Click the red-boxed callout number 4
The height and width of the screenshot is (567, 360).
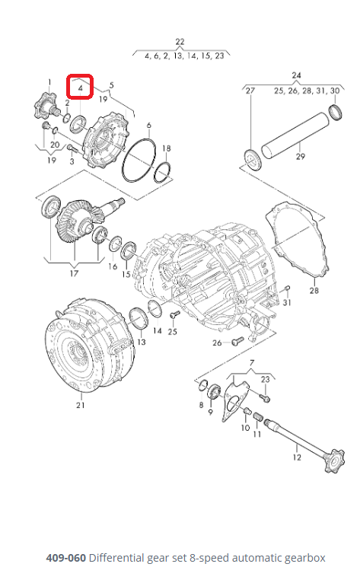pyautogui.click(x=80, y=88)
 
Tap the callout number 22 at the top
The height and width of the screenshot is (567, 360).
pyautogui.click(x=180, y=42)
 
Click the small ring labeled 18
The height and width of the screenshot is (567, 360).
pyautogui.click(x=161, y=172)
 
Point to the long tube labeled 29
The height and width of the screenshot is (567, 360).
pyautogui.click(x=295, y=135)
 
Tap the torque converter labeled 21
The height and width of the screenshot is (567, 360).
pyautogui.click(x=89, y=346)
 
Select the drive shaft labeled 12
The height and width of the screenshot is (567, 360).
pyautogui.click(x=304, y=444)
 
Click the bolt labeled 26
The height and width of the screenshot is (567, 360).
pyautogui.click(x=238, y=340)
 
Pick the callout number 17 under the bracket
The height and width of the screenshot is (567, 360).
pyautogui.click(x=74, y=273)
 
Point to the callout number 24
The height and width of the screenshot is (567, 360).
pyautogui.click(x=296, y=75)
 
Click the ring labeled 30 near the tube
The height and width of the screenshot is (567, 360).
pyautogui.click(x=336, y=113)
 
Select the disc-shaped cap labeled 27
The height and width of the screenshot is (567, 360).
pyautogui.click(x=253, y=160)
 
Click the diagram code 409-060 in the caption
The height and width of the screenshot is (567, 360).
pyautogui.click(x=65, y=557)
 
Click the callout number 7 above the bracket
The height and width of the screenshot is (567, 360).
pyautogui.click(x=252, y=363)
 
